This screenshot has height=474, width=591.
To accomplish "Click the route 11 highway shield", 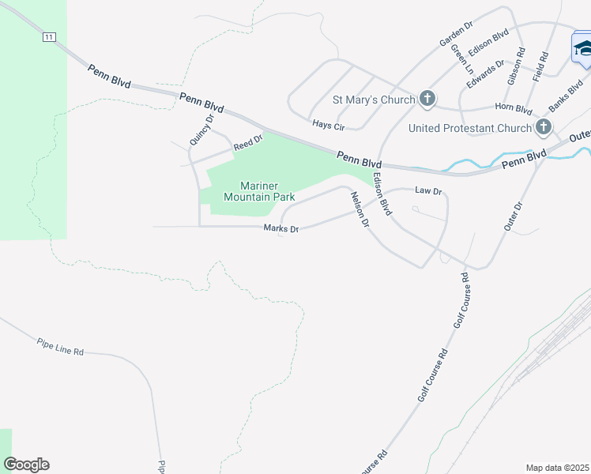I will click(x=50, y=36).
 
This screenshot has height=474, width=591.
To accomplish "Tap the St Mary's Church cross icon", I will click(x=427, y=99).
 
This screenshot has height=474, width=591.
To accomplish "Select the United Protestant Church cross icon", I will click(x=543, y=127).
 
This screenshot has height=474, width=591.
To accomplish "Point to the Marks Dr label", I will click(x=281, y=229).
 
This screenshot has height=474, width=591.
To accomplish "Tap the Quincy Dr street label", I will click(x=202, y=130).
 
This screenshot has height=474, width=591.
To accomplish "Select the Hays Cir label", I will click(x=328, y=125).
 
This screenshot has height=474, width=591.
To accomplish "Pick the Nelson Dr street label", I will click(x=360, y=210).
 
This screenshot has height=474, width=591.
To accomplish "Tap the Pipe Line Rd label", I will click(x=60, y=346).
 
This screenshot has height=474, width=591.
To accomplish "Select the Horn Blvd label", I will click(x=514, y=108).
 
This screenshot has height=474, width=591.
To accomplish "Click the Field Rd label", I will click(x=543, y=69).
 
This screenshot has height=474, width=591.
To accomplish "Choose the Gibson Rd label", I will click(x=517, y=66).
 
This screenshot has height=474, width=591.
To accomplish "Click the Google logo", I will click(x=26, y=465).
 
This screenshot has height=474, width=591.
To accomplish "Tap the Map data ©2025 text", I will click(x=558, y=468).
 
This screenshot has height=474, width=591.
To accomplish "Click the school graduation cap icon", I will click(x=583, y=49).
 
